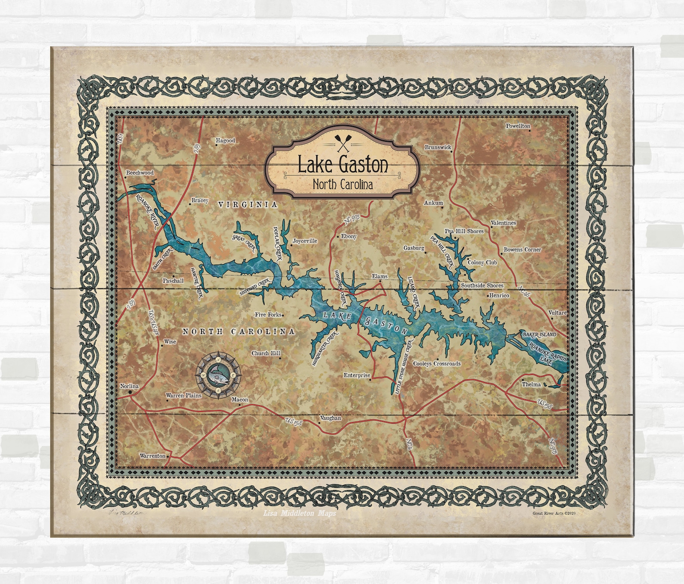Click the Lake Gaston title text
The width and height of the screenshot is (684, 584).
click(x=343, y=164)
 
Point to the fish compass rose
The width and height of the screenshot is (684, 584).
click(x=218, y=373)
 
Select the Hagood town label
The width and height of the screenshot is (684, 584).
click(x=225, y=141)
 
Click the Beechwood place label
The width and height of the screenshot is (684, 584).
click(x=140, y=173)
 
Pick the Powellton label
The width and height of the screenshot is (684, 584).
click(x=518, y=126)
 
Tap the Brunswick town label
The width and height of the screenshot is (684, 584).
click(x=438, y=147)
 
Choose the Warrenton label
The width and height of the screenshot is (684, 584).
click(x=152, y=456)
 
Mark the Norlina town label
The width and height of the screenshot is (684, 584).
click(x=129, y=386)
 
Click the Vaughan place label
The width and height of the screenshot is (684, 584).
click(x=330, y=418)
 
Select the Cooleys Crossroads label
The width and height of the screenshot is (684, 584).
click(x=437, y=364)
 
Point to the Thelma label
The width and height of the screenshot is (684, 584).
click(x=531, y=384)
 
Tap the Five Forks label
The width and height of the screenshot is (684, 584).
click(x=268, y=315)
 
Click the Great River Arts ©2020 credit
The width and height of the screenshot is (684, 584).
click(x=554, y=513)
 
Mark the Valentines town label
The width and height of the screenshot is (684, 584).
click(x=503, y=223)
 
